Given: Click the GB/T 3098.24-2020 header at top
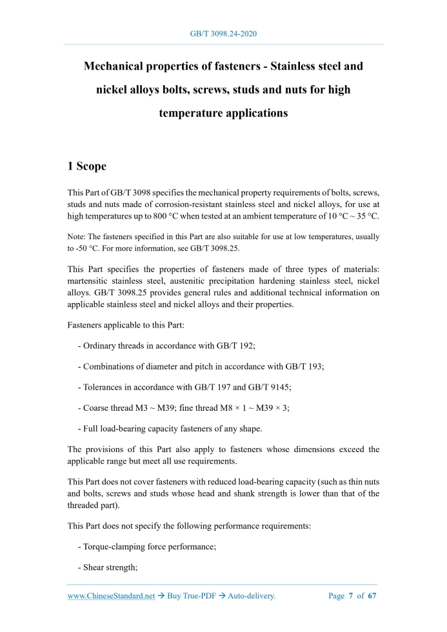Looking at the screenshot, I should click(223, 34).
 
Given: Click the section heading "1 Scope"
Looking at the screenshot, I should click(87, 166).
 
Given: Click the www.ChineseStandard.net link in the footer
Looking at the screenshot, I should click(111, 596).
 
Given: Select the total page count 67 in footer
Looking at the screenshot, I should click(372, 596).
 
